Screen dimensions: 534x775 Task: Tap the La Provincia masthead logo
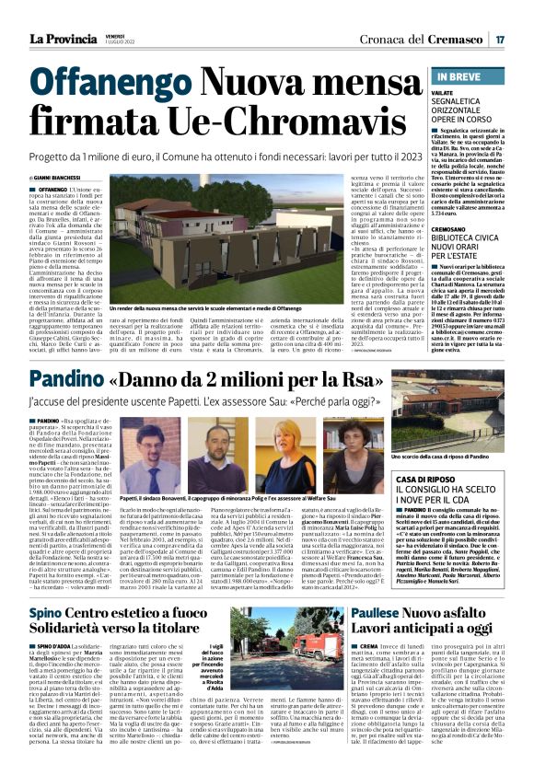click(x=62, y=39)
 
